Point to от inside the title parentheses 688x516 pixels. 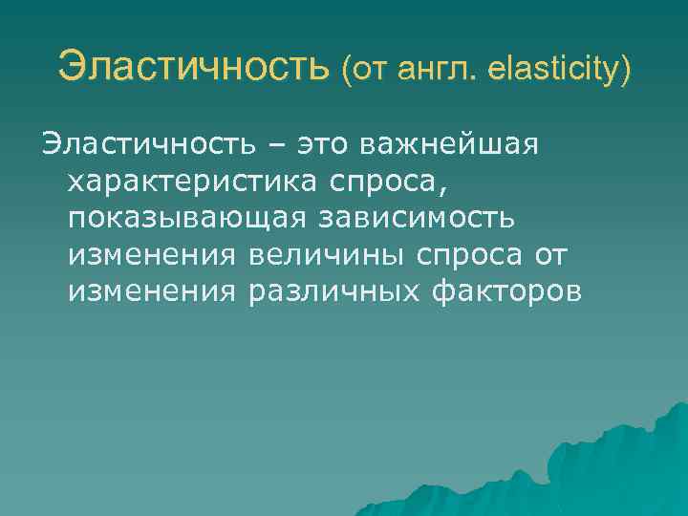[x=374, y=70]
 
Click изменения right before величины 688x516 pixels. [x=152, y=255]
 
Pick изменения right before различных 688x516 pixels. [x=152, y=291]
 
